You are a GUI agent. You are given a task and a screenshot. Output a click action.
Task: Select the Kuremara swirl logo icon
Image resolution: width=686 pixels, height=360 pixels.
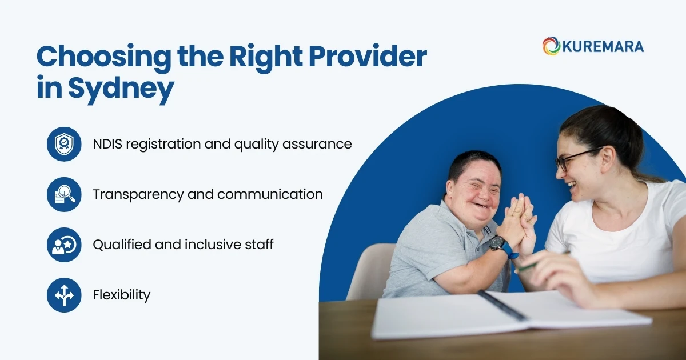[551, 46]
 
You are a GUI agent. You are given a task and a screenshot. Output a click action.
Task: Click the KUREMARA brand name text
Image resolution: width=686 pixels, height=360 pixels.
[603, 46]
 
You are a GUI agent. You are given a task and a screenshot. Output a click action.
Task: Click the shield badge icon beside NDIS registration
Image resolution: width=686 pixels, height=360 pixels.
[64, 144]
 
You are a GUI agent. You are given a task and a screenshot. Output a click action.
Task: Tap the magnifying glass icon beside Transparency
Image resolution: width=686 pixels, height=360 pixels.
[64, 194]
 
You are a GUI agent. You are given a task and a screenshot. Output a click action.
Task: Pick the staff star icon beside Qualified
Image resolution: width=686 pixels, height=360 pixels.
[64, 245]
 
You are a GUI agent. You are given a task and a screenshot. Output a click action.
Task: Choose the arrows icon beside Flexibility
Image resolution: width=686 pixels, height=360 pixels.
[64, 295]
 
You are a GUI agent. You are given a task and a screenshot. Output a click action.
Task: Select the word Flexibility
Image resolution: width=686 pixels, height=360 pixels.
[121, 295]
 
